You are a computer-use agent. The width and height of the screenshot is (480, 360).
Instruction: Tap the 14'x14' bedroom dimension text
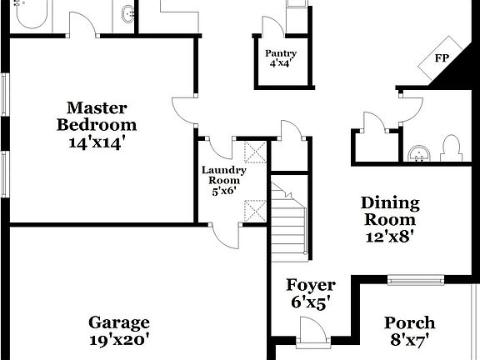click(x=97, y=142)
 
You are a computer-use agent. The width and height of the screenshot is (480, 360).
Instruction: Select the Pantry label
click(x=281, y=53)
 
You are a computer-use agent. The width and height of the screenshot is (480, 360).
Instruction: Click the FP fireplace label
click(x=442, y=58)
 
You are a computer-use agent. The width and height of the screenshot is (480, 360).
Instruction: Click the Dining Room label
click(x=389, y=211)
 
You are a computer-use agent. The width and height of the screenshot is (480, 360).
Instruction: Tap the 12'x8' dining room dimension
click(x=389, y=235)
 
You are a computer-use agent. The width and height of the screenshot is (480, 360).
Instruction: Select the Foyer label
click(x=311, y=286)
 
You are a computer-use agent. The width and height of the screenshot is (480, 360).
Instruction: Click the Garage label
click(x=120, y=322)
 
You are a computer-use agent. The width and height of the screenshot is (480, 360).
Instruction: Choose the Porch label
click(x=409, y=322)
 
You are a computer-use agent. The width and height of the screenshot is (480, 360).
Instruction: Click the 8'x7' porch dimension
click(x=409, y=339)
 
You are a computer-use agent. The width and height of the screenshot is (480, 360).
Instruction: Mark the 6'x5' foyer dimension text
click(x=311, y=303)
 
